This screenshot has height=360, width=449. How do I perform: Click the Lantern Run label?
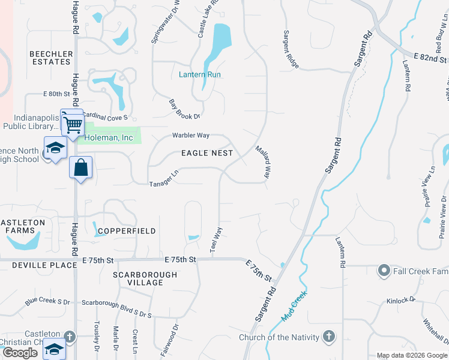200,74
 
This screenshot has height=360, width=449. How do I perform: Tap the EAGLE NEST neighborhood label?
207,153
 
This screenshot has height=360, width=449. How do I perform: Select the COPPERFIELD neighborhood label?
127,231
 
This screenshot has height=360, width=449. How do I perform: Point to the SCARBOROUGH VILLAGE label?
145,278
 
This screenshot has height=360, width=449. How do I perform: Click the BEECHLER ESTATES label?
51,58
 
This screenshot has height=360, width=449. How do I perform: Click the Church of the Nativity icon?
329,337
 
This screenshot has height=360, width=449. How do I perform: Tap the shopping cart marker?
73,124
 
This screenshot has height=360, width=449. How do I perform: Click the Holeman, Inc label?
109,137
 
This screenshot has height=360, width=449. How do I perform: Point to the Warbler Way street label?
191,136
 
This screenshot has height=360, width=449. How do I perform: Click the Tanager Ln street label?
164,178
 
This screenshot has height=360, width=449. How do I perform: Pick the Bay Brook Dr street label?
184,109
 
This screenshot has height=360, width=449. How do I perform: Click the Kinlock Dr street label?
401,301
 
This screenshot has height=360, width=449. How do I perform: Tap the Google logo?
20,353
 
